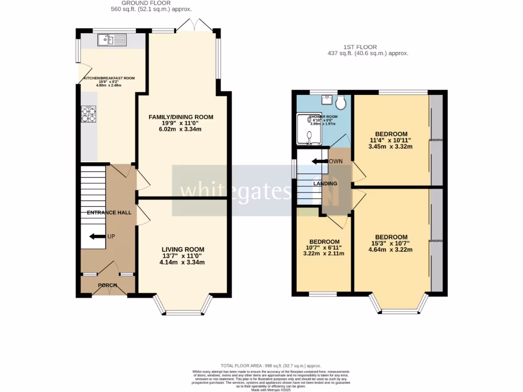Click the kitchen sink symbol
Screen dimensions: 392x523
pyautogui.click(x=112, y=39)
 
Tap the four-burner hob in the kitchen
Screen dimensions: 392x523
pyautogui.click(x=88, y=114)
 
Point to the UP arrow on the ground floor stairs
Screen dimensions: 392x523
pyautogui.click(x=97, y=236)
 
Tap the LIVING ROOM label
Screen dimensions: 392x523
pyautogui.click(x=182, y=249)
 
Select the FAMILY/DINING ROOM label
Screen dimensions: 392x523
pyautogui.click(x=181, y=117)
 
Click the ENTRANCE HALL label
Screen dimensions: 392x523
pyautogui.click(x=109, y=212)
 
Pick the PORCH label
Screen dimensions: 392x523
pyautogui.click(x=108, y=285)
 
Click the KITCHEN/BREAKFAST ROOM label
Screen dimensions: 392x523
pyautogui.click(x=109, y=78)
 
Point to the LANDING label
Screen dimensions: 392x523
pyautogui.click(x=325, y=183)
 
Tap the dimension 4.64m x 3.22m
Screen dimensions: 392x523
pyautogui.click(x=391, y=250)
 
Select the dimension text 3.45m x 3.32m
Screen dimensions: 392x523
pyautogui.click(x=391, y=146)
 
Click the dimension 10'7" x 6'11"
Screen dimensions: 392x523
pyautogui.click(x=324, y=248)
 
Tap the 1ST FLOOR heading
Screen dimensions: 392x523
pyautogui.click(x=368, y=46)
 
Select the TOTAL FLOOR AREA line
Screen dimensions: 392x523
pyautogui.click(x=271, y=365)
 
